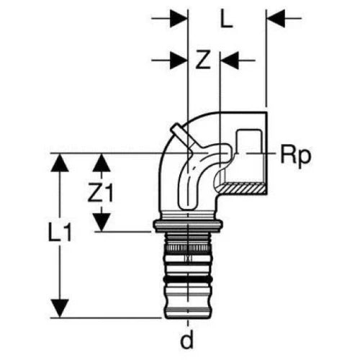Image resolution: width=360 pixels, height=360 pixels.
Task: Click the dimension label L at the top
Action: point(226,19)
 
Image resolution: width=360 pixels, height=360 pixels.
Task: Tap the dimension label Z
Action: point(203,60)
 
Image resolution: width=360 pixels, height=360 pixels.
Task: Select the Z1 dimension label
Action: point(100,192)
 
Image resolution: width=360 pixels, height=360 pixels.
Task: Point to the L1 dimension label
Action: point(60,232)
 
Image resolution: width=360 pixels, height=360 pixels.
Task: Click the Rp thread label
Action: point(296,156)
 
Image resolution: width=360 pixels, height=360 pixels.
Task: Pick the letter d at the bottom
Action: point(187,340)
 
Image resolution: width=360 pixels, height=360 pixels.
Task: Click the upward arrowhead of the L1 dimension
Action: point(60,163)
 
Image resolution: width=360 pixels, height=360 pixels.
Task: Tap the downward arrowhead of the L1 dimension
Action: point(60,308)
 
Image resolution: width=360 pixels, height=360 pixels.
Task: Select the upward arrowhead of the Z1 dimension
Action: point(102,163)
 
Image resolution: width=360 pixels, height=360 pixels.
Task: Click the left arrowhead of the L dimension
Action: point(179,19)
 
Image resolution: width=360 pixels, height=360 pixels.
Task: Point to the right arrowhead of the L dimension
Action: point(276,19)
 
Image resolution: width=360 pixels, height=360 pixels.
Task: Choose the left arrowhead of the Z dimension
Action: point(179,60)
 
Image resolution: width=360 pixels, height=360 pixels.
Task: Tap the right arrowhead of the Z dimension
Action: point(230,60)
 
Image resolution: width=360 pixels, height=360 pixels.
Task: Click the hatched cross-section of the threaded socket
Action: point(243,189)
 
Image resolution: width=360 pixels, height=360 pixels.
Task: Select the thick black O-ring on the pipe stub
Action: point(187,279)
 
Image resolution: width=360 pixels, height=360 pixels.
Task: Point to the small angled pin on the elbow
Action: point(181,135)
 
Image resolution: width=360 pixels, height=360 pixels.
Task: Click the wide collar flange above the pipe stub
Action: point(188,226)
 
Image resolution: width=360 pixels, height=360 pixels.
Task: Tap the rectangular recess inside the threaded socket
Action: point(248,142)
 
